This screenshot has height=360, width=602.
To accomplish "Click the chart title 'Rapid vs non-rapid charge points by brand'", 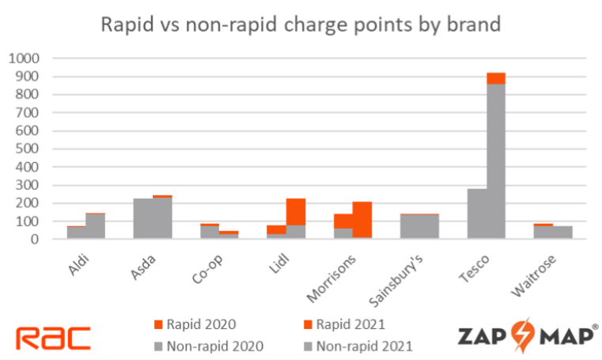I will (x=301, y=24).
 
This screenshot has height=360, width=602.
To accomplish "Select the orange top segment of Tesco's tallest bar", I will (x=496, y=78).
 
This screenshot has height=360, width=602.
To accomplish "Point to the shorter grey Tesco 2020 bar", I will (x=477, y=214).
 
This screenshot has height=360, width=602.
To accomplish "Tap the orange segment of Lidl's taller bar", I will (x=296, y=211).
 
